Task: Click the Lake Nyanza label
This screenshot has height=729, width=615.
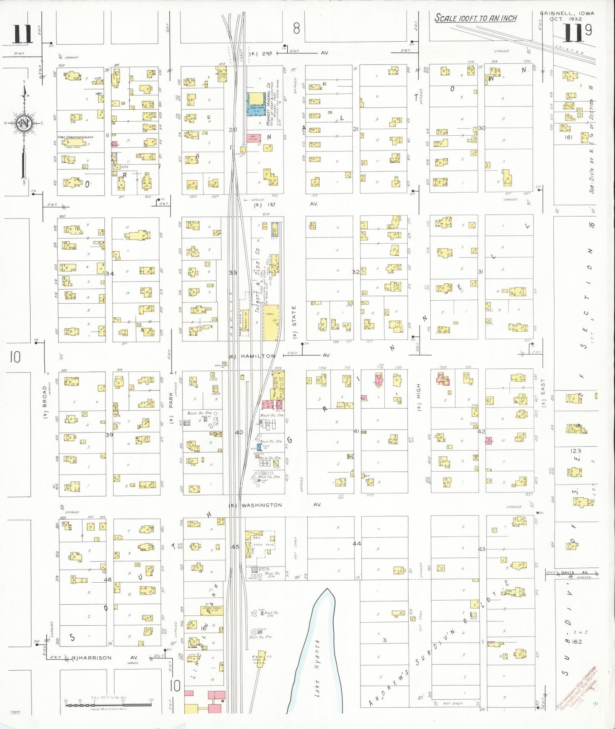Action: point(317,668)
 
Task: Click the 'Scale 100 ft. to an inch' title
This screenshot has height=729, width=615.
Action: point(475,18)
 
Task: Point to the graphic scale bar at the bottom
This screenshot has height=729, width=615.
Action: point(109,704)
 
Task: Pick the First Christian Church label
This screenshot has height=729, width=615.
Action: point(75,137)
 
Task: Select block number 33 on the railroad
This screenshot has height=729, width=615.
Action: point(233,273)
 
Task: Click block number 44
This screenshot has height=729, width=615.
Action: point(357,544)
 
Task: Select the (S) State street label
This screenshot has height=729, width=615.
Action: point(294,322)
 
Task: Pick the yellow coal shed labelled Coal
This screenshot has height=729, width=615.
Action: point(271,322)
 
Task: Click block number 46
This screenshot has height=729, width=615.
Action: point(108,579)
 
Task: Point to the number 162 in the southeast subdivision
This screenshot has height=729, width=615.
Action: point(577,641)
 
